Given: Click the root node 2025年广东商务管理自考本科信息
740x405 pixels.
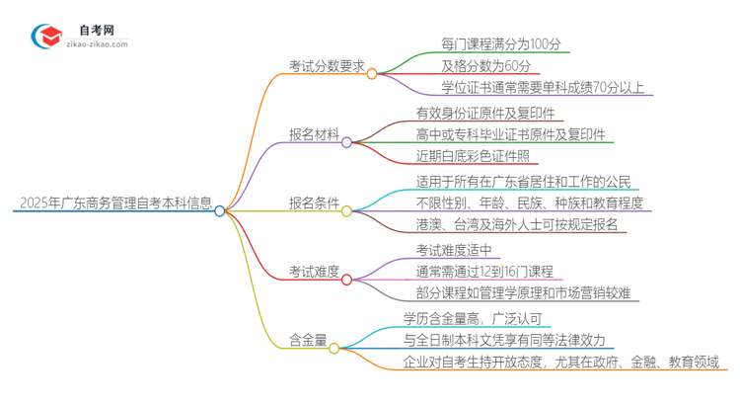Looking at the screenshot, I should click(114, 205).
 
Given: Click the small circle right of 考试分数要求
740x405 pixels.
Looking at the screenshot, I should click(372, 73).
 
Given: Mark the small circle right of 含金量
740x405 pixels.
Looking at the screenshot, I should click(334, 347).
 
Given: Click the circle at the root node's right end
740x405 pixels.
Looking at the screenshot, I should click(220, 210).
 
